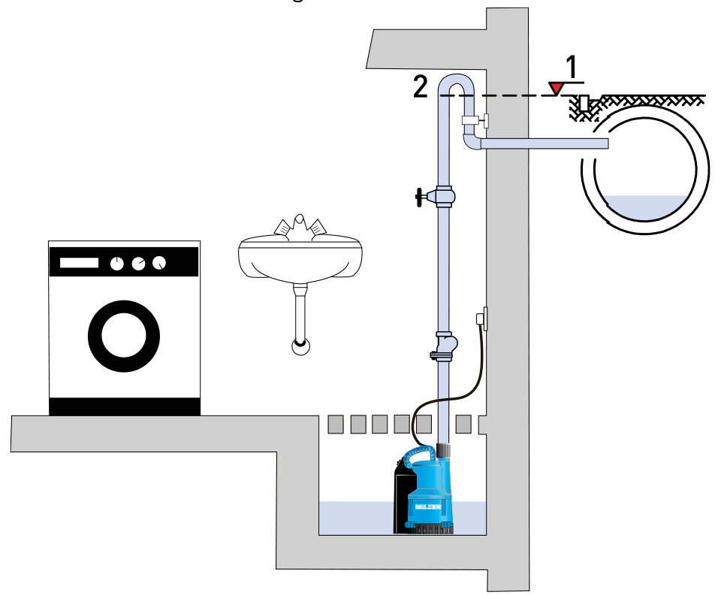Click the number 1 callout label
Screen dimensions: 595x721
click(572, 68)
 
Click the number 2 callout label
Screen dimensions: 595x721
click(421, 86)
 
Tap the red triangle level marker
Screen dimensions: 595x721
click(556, 89)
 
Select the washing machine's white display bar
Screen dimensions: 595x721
click(80, 263)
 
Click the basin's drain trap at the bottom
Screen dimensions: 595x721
click(300, 346)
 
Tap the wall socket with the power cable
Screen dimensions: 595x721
click(483, 319)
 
